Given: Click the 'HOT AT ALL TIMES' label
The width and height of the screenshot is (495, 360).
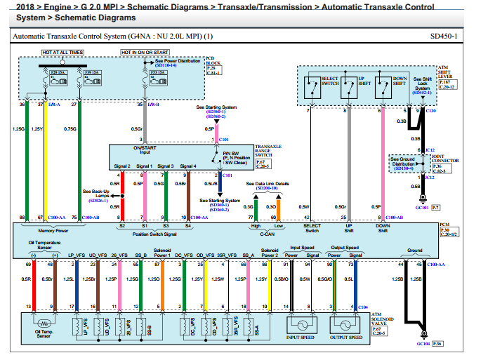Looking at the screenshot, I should click(62, 53).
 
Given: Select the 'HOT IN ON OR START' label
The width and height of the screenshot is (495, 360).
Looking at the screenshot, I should click(145, 53).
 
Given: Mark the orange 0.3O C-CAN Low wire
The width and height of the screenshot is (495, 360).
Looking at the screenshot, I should click(278, 206).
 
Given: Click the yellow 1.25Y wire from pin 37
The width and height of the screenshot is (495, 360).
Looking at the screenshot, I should click(44, 161).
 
